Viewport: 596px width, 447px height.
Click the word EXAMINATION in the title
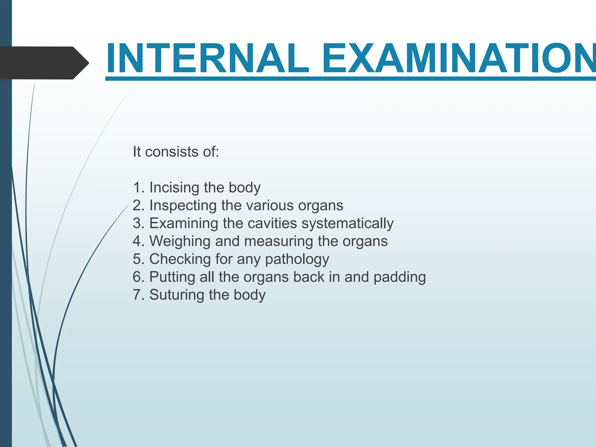(459, 58)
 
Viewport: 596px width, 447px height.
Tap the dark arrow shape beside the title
(44, 63)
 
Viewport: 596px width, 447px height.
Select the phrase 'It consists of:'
(176, 152)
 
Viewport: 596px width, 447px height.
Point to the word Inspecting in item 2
(183, 206)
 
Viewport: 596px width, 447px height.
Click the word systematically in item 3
(347, 223)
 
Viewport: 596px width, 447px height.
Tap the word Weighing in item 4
(180, 241)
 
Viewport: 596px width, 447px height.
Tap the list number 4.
(137, 241)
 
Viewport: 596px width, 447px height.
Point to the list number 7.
(137, 295)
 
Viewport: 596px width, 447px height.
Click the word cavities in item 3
(272, 223)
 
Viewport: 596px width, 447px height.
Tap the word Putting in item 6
(172, 277)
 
